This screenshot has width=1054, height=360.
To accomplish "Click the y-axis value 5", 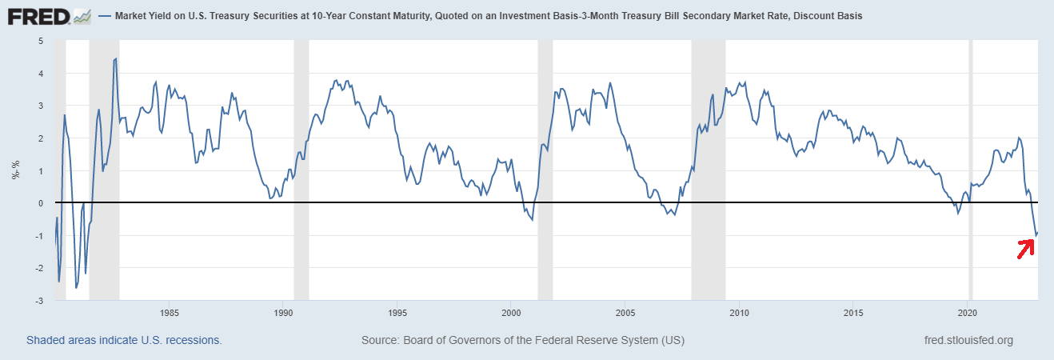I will click(x=41, y=41).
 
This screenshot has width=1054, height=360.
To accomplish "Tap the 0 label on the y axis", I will click(x=41, y=203).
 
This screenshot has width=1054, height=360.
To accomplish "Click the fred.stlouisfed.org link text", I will click(x=968, y=340).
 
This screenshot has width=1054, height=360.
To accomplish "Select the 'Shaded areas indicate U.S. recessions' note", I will click(x=124, y=340).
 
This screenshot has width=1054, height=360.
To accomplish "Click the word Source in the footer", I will click(x=380, y=340).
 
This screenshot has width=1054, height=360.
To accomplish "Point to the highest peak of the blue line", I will click(x=116, y=58).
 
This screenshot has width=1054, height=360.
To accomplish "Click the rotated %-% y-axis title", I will click(x=15, y=170).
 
